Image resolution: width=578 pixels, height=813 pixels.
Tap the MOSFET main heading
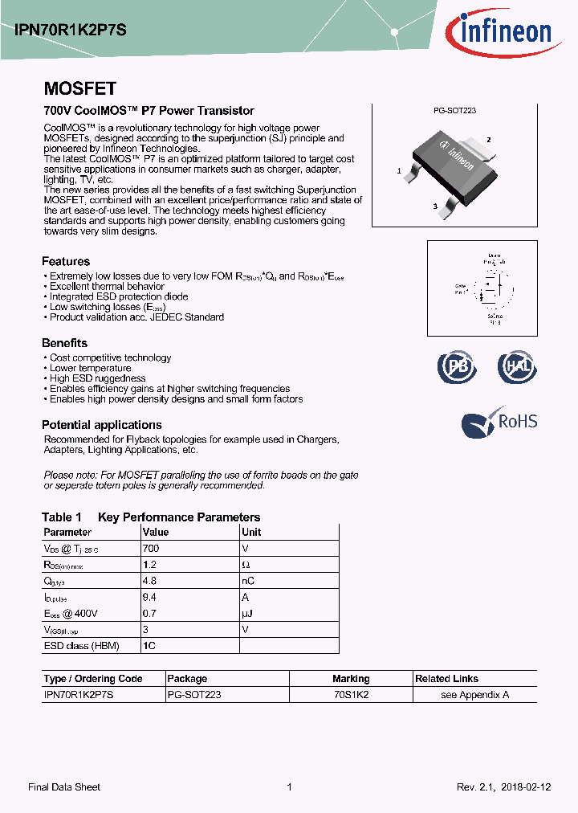(79, 89)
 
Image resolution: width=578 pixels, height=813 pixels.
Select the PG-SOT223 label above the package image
(454, 111)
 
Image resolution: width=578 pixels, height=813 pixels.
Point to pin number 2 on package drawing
(488, 140)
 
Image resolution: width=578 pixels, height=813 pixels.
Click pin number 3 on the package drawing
(434, 206)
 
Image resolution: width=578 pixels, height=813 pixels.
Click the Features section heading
(66, 261)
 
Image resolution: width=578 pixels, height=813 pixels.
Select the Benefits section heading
(64, 343)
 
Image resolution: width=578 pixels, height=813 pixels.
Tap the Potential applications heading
(102, 425)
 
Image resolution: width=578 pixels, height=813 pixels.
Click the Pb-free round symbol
(457, 367)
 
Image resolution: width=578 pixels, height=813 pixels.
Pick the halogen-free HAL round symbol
(516, 367)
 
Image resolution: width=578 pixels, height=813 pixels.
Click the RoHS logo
(499, 423)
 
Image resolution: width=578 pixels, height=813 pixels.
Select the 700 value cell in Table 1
(151, 549)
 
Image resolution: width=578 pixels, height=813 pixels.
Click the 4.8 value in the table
(149, 581)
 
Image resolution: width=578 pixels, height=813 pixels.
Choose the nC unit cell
(249, 581)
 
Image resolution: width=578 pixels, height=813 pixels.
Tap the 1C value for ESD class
(149, 645)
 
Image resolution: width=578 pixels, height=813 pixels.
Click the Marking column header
(351, 679)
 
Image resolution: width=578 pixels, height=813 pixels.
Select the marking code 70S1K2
(351, 695)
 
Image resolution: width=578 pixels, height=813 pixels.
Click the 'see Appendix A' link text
(475, 695)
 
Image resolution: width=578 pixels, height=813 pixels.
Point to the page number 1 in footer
(289, 787)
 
